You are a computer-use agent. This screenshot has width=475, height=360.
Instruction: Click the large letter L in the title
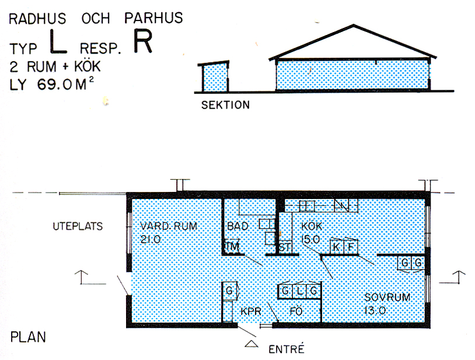point(58,41)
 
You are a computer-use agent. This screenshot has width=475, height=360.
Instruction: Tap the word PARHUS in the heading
point(153,18)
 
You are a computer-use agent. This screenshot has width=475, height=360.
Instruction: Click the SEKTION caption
point(225,105)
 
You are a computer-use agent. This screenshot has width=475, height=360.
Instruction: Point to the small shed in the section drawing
point(214,76)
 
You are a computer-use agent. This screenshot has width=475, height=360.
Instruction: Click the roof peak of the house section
point(354,25)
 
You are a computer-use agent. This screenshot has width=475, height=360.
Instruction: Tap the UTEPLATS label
point(78,226)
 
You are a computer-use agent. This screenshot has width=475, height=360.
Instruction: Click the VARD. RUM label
point(169,226)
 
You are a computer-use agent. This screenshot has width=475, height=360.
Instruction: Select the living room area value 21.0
point(151,239)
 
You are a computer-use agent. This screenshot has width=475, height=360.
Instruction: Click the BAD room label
point(238,226)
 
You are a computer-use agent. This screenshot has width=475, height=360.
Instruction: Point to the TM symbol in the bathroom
point(233,246)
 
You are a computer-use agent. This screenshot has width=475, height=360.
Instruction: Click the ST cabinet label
point(285,247)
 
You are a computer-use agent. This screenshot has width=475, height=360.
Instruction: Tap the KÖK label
point(312,226)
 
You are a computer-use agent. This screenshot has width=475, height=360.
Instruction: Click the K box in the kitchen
point(337,247)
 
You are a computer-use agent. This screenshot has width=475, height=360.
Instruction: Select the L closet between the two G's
point(299,291)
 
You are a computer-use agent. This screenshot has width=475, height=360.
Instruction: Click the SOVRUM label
point(387,298)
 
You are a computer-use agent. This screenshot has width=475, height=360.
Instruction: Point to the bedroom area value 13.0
point(375,310)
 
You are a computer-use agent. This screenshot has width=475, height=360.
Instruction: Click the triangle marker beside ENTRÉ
point(252,344)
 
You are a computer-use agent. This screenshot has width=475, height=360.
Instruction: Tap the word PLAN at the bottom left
point(28,337)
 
